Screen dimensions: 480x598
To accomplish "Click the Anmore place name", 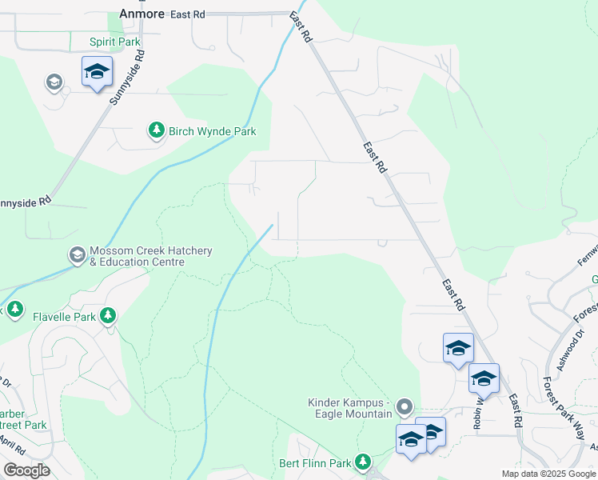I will tap(141, 14).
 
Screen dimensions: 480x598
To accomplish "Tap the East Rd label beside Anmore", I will tap(187, 14).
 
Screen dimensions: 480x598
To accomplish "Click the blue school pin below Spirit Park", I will tap(98, 72).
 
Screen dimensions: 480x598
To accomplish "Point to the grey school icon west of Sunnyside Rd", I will tap(54, 82).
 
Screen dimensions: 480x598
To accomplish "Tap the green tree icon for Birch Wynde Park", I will tap(156, 130).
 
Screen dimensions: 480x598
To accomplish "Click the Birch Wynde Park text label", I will tap(212, 131).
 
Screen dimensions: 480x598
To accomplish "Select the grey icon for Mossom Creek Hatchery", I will tap(77, 255).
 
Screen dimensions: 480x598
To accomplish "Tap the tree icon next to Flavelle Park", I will tap(109, 316).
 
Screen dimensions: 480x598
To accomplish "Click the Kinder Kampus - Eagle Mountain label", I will tap(350, 408).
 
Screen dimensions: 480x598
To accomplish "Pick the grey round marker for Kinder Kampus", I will tap(405, 408).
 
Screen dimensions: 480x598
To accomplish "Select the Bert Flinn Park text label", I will tap(315, 463).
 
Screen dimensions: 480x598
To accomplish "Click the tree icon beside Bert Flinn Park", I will tap(363, 462).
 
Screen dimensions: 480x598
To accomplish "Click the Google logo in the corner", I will tap(26, 470).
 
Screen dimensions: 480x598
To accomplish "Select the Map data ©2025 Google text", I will tap(548, 474).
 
